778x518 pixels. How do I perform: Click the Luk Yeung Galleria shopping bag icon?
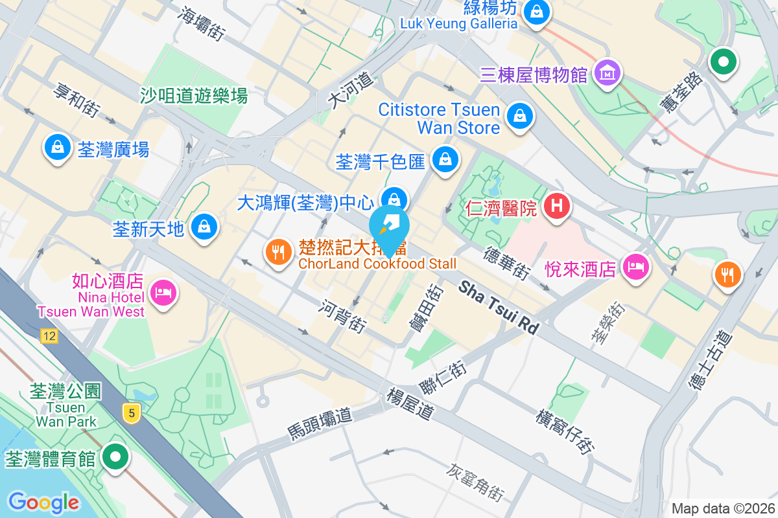pyautogui.click(x=537, y=11)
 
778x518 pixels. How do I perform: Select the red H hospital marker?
pyautogui.click(x=556, y=207)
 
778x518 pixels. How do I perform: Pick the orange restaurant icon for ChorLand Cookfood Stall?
pyautogui.click(x=279, y=252)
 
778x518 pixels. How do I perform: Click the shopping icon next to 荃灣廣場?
pyautogui.click(x=58, y=146)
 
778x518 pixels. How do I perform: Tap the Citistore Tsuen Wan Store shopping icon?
pyautogui.click(x=519, y=116)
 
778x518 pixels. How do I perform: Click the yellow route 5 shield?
pyautogui.click(x=132, y=412)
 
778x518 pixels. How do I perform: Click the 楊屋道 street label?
pyautogui.click(x=409, y=403)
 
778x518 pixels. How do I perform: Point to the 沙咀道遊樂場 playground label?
pyautogui.click(x=194, y=96)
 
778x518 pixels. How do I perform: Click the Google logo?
pyautogui.click(x=43, y=502)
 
